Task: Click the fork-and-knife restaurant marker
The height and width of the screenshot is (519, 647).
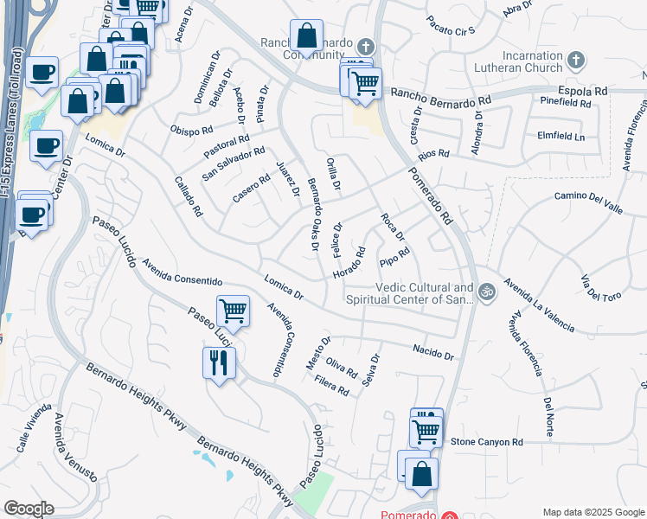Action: (219, 362)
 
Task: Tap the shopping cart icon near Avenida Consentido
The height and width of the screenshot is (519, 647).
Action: (233, 310)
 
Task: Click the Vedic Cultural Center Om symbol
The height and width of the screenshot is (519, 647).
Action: (486, 292)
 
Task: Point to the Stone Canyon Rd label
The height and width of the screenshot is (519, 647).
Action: (488, 442)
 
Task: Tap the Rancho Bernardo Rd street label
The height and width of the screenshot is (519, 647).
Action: (441, 97)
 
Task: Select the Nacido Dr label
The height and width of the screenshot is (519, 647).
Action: (433, 351)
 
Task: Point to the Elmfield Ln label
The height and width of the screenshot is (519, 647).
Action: (561, 137)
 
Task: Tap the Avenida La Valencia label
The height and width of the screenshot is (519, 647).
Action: (541, 305)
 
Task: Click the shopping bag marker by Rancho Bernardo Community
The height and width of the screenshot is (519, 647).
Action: (306, 36)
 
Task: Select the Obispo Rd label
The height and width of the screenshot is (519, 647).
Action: (192, 131)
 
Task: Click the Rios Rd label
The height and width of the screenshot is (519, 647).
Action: (433, 154)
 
